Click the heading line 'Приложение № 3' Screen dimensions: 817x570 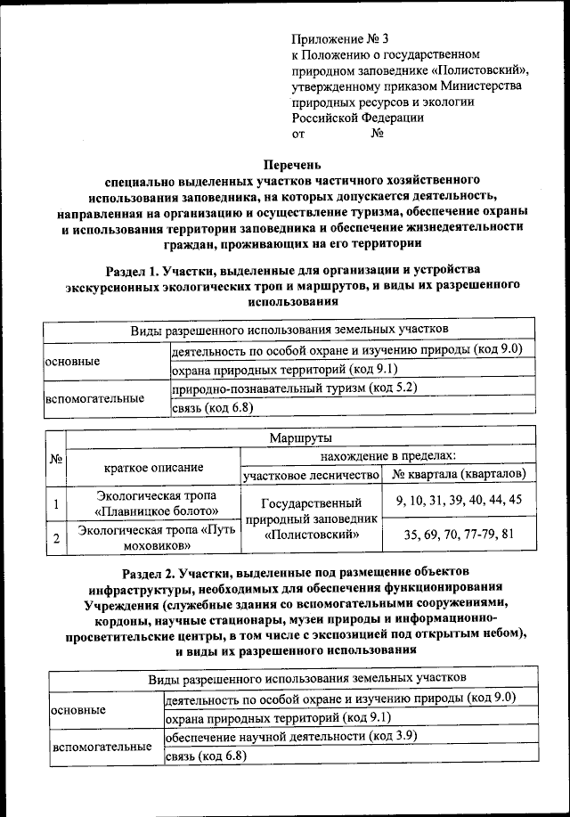point(341,38)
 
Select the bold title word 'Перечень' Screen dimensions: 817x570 point(291,164)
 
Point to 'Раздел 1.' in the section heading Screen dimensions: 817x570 point(134,269)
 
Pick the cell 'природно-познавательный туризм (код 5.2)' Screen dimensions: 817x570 point(294,388)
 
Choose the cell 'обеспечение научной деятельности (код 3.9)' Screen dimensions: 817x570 point(291,738)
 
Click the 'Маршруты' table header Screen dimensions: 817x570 point(299,438)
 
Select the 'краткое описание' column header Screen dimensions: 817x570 point(153,466)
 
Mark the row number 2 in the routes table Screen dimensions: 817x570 point(56,538)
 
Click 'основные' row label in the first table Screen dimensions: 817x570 point(72,362)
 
